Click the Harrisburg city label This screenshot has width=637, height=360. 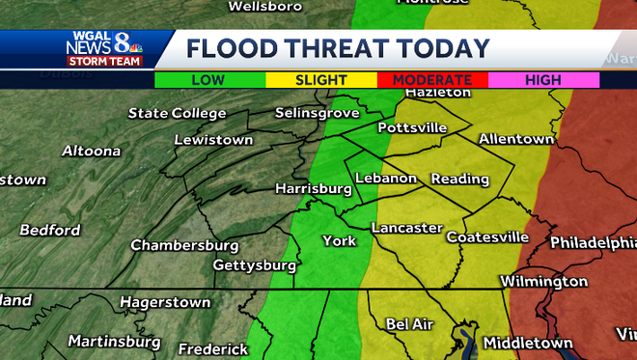click(x=313, y=188)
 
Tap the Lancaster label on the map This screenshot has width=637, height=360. click(x=406, y=229)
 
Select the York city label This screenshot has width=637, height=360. click(x=339, y=240)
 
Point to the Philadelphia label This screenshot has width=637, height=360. click(x=592, y=242)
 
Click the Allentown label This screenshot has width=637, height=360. click(x=516, y=139)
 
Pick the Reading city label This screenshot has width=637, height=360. click(x=459, y=179)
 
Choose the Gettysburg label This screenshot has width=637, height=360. click(x=254, y=264)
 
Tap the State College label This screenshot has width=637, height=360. click(x=177, y=114)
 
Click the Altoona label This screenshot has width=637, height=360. click(x=92, y=151)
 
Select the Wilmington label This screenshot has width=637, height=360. click(x=543, y=282)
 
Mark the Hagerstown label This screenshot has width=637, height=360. click(x=165, y=302)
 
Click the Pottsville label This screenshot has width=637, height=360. click(x=412, y=127)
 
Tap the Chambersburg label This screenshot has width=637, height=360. click(x=184, y=244)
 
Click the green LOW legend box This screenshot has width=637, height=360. click(x=209, y=80)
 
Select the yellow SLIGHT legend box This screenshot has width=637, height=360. click(x=320, y=80)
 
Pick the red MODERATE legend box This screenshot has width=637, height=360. click(x=432, y=80)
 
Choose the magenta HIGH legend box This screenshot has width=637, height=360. click(x=543, y=80)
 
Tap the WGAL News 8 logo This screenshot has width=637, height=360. click(x=104, y=48)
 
